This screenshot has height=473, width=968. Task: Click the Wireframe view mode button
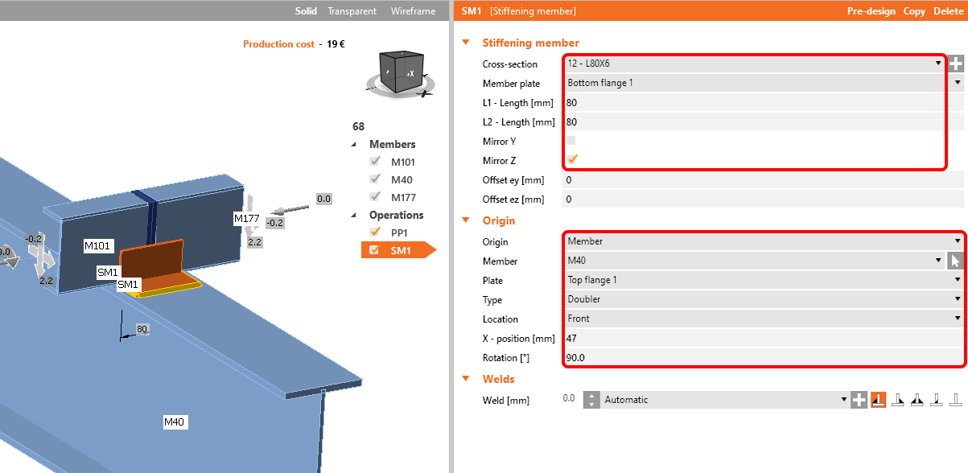pyautogui.click(x=413, y=11)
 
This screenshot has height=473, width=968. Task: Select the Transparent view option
pyautogui.click(x=352, y=11)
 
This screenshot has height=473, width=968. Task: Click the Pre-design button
pyautogui.click(x=871, y=11)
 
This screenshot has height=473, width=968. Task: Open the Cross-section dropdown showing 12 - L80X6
pyautogui.click(x=753, y=64)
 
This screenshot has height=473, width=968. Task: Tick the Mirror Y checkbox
pyautogui.click(x=572, y=141)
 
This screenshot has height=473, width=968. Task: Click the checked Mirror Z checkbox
pyautogui.click(x=572, y=160)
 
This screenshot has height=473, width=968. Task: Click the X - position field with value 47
pyautogui.click(x=763, y=339)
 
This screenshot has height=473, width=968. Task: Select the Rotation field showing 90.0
pyautogui.click(x=763, y=358)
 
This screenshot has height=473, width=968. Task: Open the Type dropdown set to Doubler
pyautogui.click(x=763, y=299)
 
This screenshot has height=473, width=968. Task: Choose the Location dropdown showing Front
pyautogui.click(x=763, y=319)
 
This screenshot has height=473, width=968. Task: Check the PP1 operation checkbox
pyautogui.click(x=374, y=232)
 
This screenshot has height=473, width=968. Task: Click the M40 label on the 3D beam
pyautogui.click(x=175, y=422)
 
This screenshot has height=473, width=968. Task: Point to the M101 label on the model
pyautogui.click(x=100, y=246)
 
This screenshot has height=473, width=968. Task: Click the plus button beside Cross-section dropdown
pyautogui.click(x=956, y=64)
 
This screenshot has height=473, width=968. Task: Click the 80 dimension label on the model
pyautogui.click(x=142, y=329)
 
